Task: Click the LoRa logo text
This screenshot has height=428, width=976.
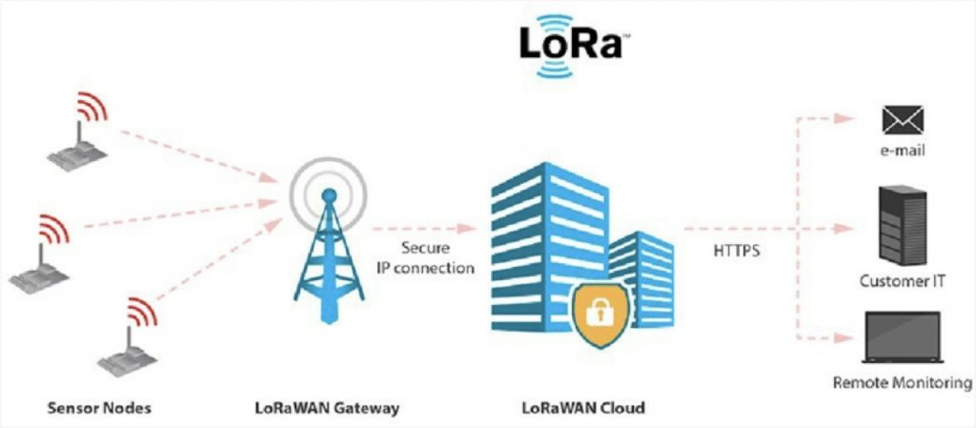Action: click(x=571, y=45)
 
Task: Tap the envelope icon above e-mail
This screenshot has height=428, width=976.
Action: click(x=903, y=120)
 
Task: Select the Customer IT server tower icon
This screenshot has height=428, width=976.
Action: click(x=903, y=225)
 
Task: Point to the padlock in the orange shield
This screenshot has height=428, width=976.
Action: click(x=600, y=313)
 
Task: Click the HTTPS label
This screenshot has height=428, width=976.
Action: click(x=737, y=253)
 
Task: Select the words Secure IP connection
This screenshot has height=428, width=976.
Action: click(x=425, y=258)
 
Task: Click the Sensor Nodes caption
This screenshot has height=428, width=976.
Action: click(x=99, y=409)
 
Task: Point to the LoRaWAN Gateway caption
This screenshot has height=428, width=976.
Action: click(x=328, y=409)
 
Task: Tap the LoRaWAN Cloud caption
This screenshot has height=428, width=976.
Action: click(x=582, y=409)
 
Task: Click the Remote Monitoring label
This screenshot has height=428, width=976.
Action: click(x=902, y=381)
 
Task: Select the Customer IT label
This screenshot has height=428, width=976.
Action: click(x=902, y=281)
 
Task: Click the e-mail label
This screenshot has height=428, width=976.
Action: click(x=903, y=151)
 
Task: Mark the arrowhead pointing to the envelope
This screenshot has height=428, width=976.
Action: click(x=844, y=119)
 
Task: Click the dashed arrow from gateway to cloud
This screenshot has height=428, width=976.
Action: click(x=424, y=229)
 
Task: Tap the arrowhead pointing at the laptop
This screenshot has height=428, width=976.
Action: click(x=844, y=337)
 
